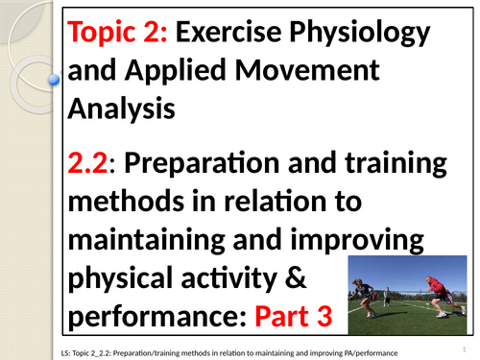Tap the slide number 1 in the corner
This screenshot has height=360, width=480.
[x=463, y=348]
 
